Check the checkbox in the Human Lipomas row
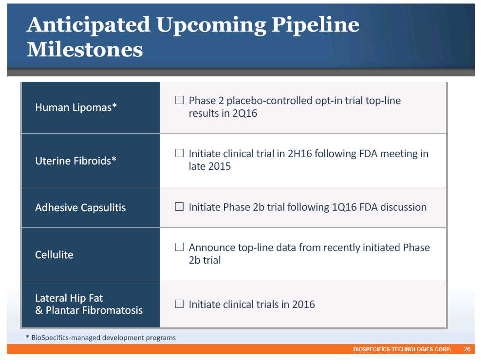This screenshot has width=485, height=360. click(x=179, y=100)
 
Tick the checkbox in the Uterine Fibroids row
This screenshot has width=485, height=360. click(x=179, y=153)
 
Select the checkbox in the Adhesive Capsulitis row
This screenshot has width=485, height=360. click(x=179, y=206)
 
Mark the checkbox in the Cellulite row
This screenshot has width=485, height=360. click(x=179, y=247)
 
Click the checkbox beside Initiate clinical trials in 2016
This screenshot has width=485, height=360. click(x=179, y=304)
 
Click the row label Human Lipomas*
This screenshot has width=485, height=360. click(x=76, y=108)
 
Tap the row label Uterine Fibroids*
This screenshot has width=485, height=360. click(x=76, y=161)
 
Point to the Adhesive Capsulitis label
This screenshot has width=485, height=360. click(x=80, y=208)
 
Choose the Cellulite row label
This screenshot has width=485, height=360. click(x=54, y=254)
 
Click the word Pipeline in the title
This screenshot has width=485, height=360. click(x=315, y=26)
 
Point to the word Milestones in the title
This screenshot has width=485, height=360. click(x=85, y=50)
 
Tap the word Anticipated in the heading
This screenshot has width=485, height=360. click(x=89, y=26)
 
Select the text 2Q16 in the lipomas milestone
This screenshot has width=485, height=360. click(x=244, y=113)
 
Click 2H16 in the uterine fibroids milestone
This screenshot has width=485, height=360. click(x=300, y=154)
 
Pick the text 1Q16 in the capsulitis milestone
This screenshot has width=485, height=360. click(x=344, y=207)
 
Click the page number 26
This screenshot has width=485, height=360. click(x=467, y=349)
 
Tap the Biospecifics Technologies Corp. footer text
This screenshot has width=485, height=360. click(x=402, y=349)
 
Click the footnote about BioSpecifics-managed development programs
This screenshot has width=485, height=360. click(x=101, y=338)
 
